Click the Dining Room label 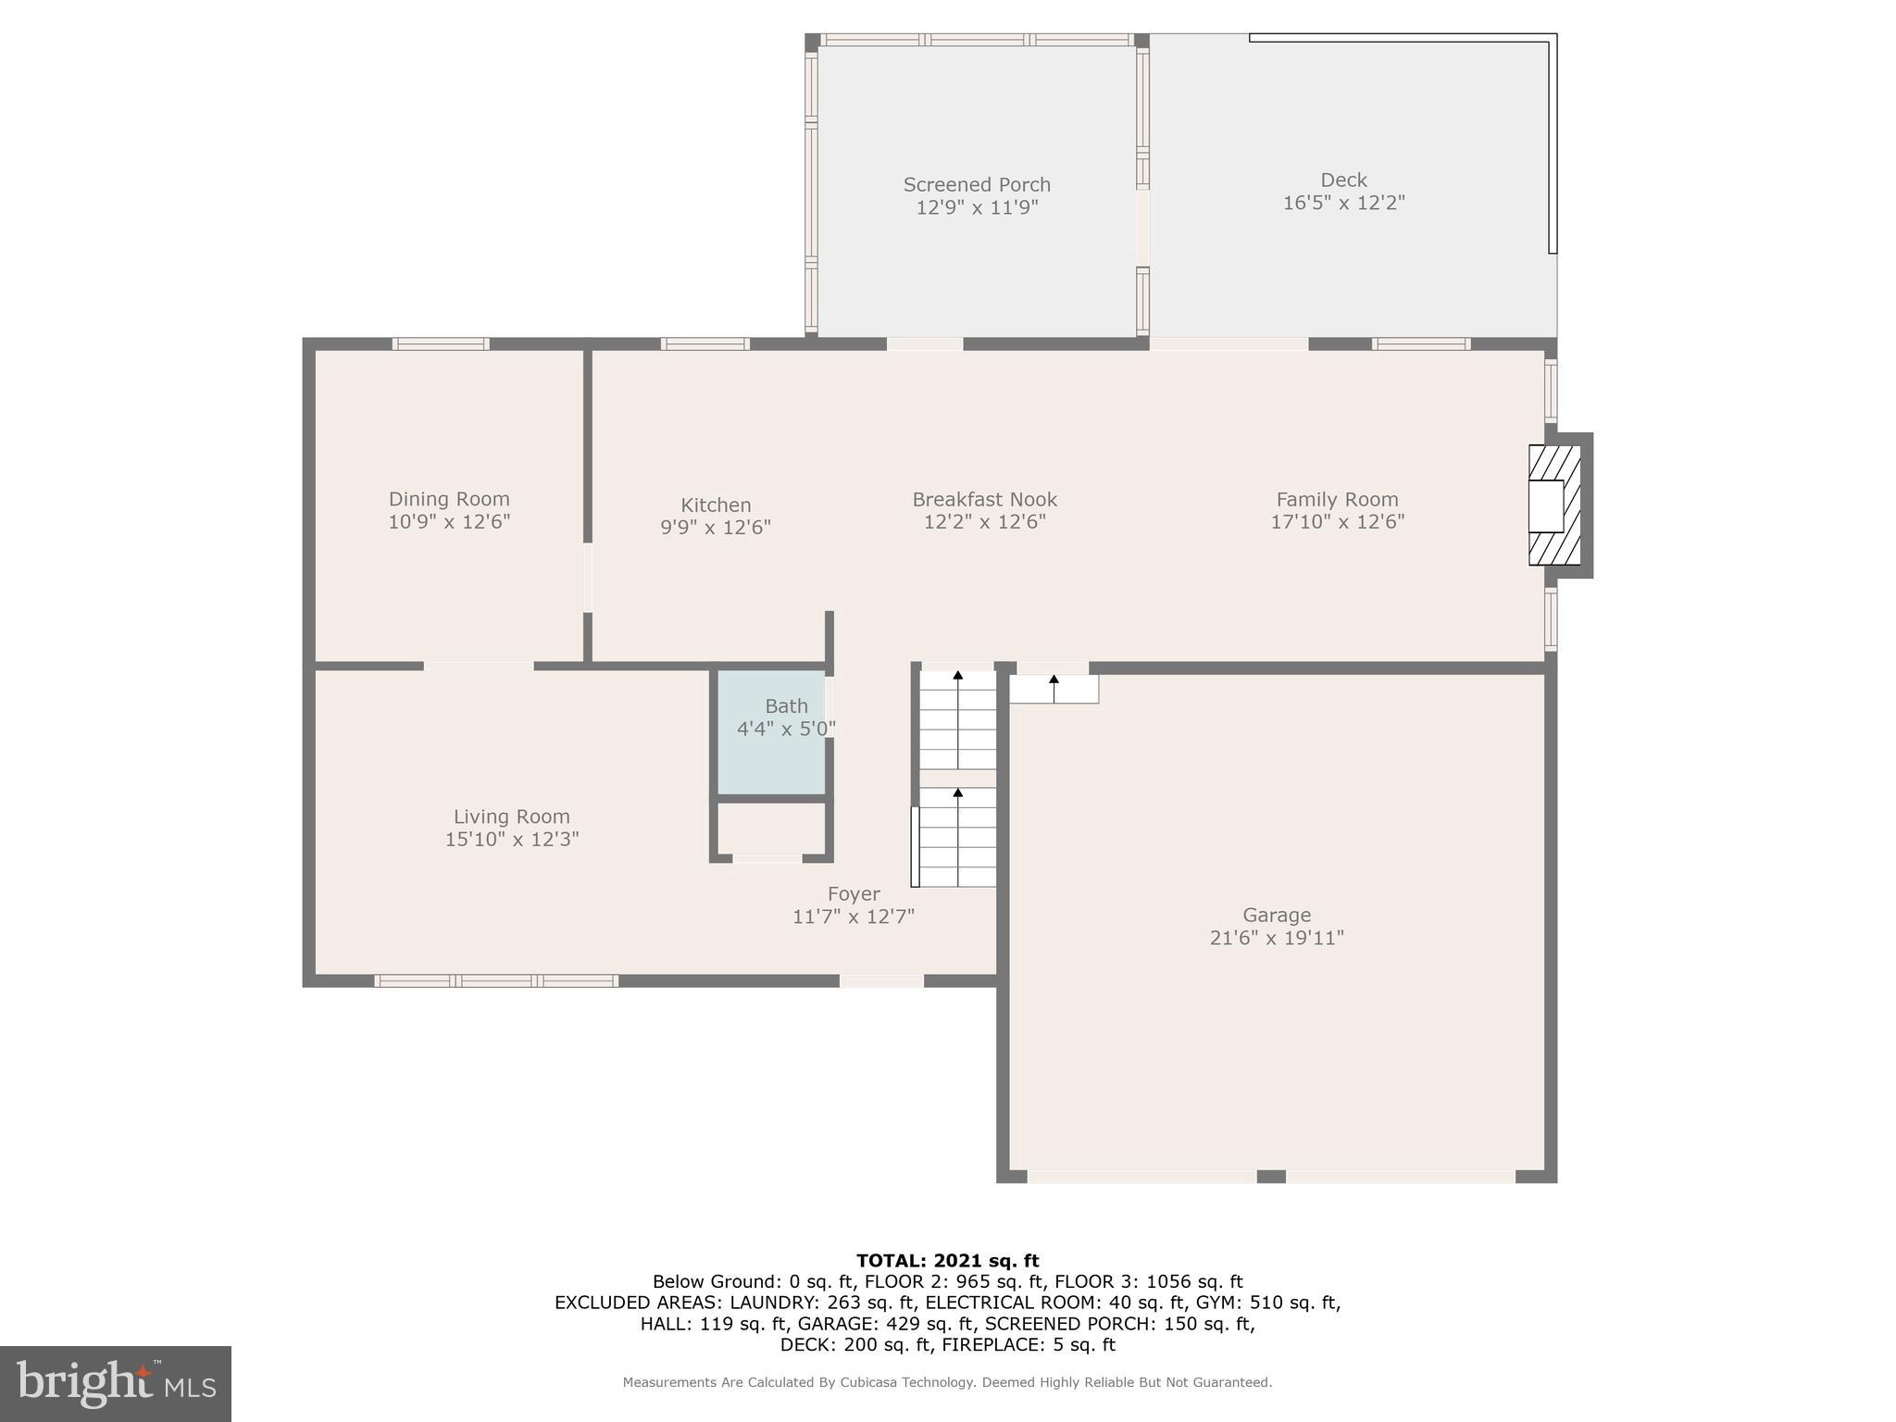tap(449, 499)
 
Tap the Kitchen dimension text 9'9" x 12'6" tap(715, 528)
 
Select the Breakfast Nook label tap(984, 500)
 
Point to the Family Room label tap(1337, 500)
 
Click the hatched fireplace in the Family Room tap(1553, 505)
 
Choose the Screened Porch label tap(977, 184)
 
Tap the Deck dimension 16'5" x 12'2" tap(1343, 203)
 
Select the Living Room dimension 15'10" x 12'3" tap(512, 840)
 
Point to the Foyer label tap(853, 894)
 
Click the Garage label tap(1277, 915)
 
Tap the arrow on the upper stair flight tap(958, 676)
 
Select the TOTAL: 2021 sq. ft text tap(947, 1261)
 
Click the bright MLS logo tap(116, 1383)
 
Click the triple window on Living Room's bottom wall tap(496, 980)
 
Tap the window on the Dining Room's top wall tap(441, 344)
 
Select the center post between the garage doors tap(1271, 1177)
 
